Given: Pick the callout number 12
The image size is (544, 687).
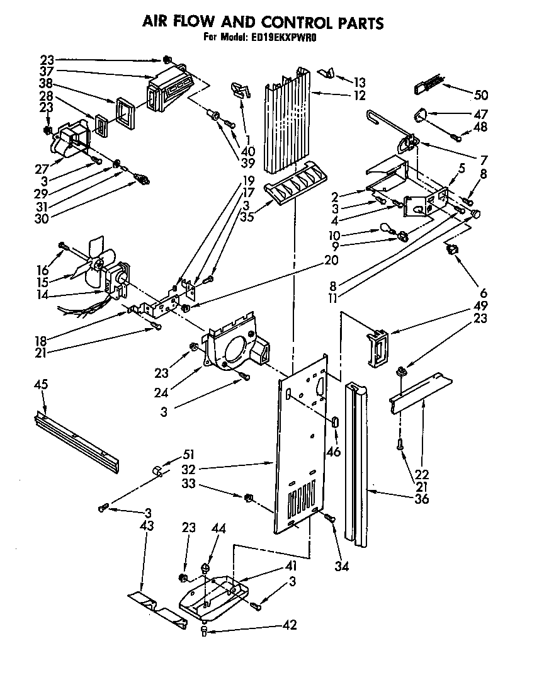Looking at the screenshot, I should pyautogui.click(x=359, y=96).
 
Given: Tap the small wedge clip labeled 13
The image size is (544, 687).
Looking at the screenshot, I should pyautogui.click(x=326, y=74).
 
